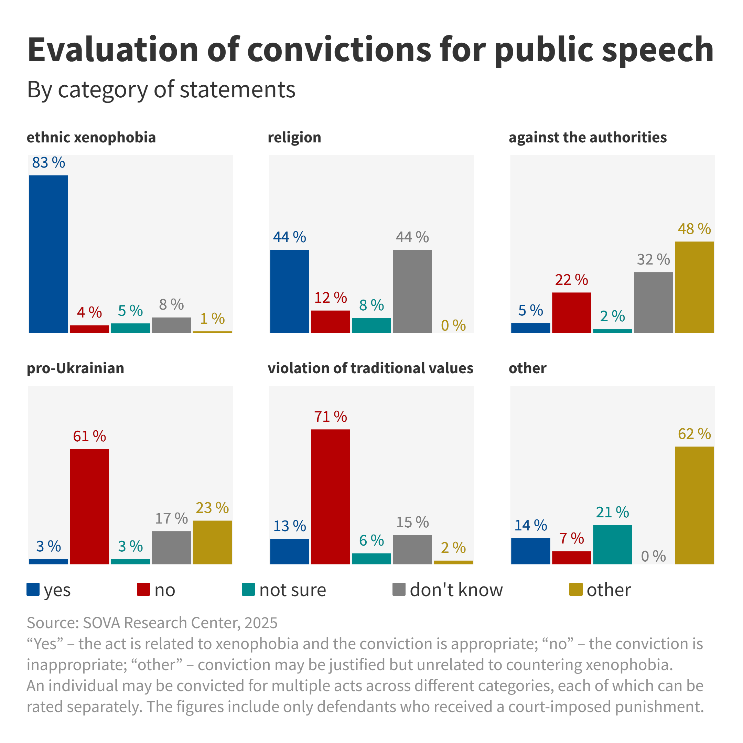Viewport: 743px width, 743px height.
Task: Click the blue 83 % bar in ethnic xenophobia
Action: (x=49, y=254)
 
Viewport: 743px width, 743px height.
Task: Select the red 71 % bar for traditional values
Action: (x=330, y=496)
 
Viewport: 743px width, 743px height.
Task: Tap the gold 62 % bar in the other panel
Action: (x=694, y=505)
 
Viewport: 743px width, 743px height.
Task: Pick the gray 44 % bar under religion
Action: (x=412, y=291)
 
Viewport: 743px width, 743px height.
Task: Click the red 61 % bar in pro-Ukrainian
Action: (x=89, y=506)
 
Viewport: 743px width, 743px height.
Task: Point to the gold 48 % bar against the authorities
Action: (x=694, y=287)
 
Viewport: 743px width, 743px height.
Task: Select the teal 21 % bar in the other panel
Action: (x=612, y=544)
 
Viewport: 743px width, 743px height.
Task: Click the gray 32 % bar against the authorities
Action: (x=654, y=302)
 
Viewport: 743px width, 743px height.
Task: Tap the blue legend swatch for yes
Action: (x=33, y=589)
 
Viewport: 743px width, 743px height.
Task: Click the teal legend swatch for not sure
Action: (x=248, y=589)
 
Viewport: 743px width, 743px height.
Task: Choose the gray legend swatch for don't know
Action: (x=399, y=589)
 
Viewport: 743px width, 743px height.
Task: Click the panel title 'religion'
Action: (x=294, y=137)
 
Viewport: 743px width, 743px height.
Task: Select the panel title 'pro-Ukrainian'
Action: (x=75, y=368)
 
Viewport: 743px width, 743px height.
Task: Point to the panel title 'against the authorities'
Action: (x=588, y=137)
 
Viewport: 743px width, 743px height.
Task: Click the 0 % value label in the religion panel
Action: (x=453, y=325)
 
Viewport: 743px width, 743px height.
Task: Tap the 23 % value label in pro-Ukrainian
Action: (x=212, y=508)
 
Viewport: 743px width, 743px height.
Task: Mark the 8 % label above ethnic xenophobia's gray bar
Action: (x=172, y=304)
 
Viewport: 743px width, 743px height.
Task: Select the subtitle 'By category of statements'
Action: (x=161, y=89)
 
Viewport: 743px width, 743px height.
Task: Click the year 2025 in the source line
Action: (x=261, y=623)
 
